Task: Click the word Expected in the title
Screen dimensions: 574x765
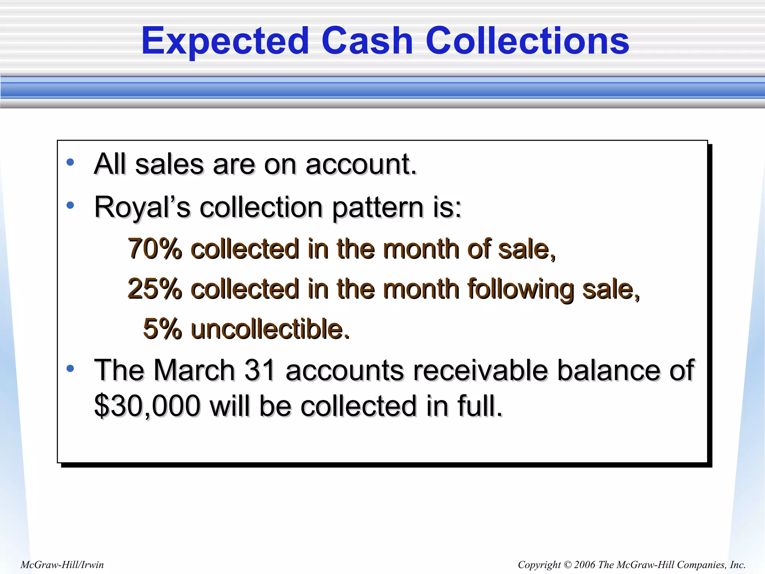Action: coord(225,41)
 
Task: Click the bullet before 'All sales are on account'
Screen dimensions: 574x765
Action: coord(70,162)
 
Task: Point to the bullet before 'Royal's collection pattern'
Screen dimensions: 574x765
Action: coord(70,205)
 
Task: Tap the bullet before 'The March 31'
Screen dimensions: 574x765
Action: coord(70,368)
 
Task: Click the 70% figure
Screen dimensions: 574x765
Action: coord(155,249)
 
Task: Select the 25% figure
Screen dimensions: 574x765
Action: coord(155,289)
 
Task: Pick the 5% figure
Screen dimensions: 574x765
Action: coord(162,329)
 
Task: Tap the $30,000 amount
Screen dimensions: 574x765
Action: coord(147,406)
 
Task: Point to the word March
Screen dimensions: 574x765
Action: coord(194,370)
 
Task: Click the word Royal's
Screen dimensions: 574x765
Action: coord(142,207)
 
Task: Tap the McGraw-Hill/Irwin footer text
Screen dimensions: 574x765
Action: coord(62,564)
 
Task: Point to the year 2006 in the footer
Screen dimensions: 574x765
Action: coord(585,565)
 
